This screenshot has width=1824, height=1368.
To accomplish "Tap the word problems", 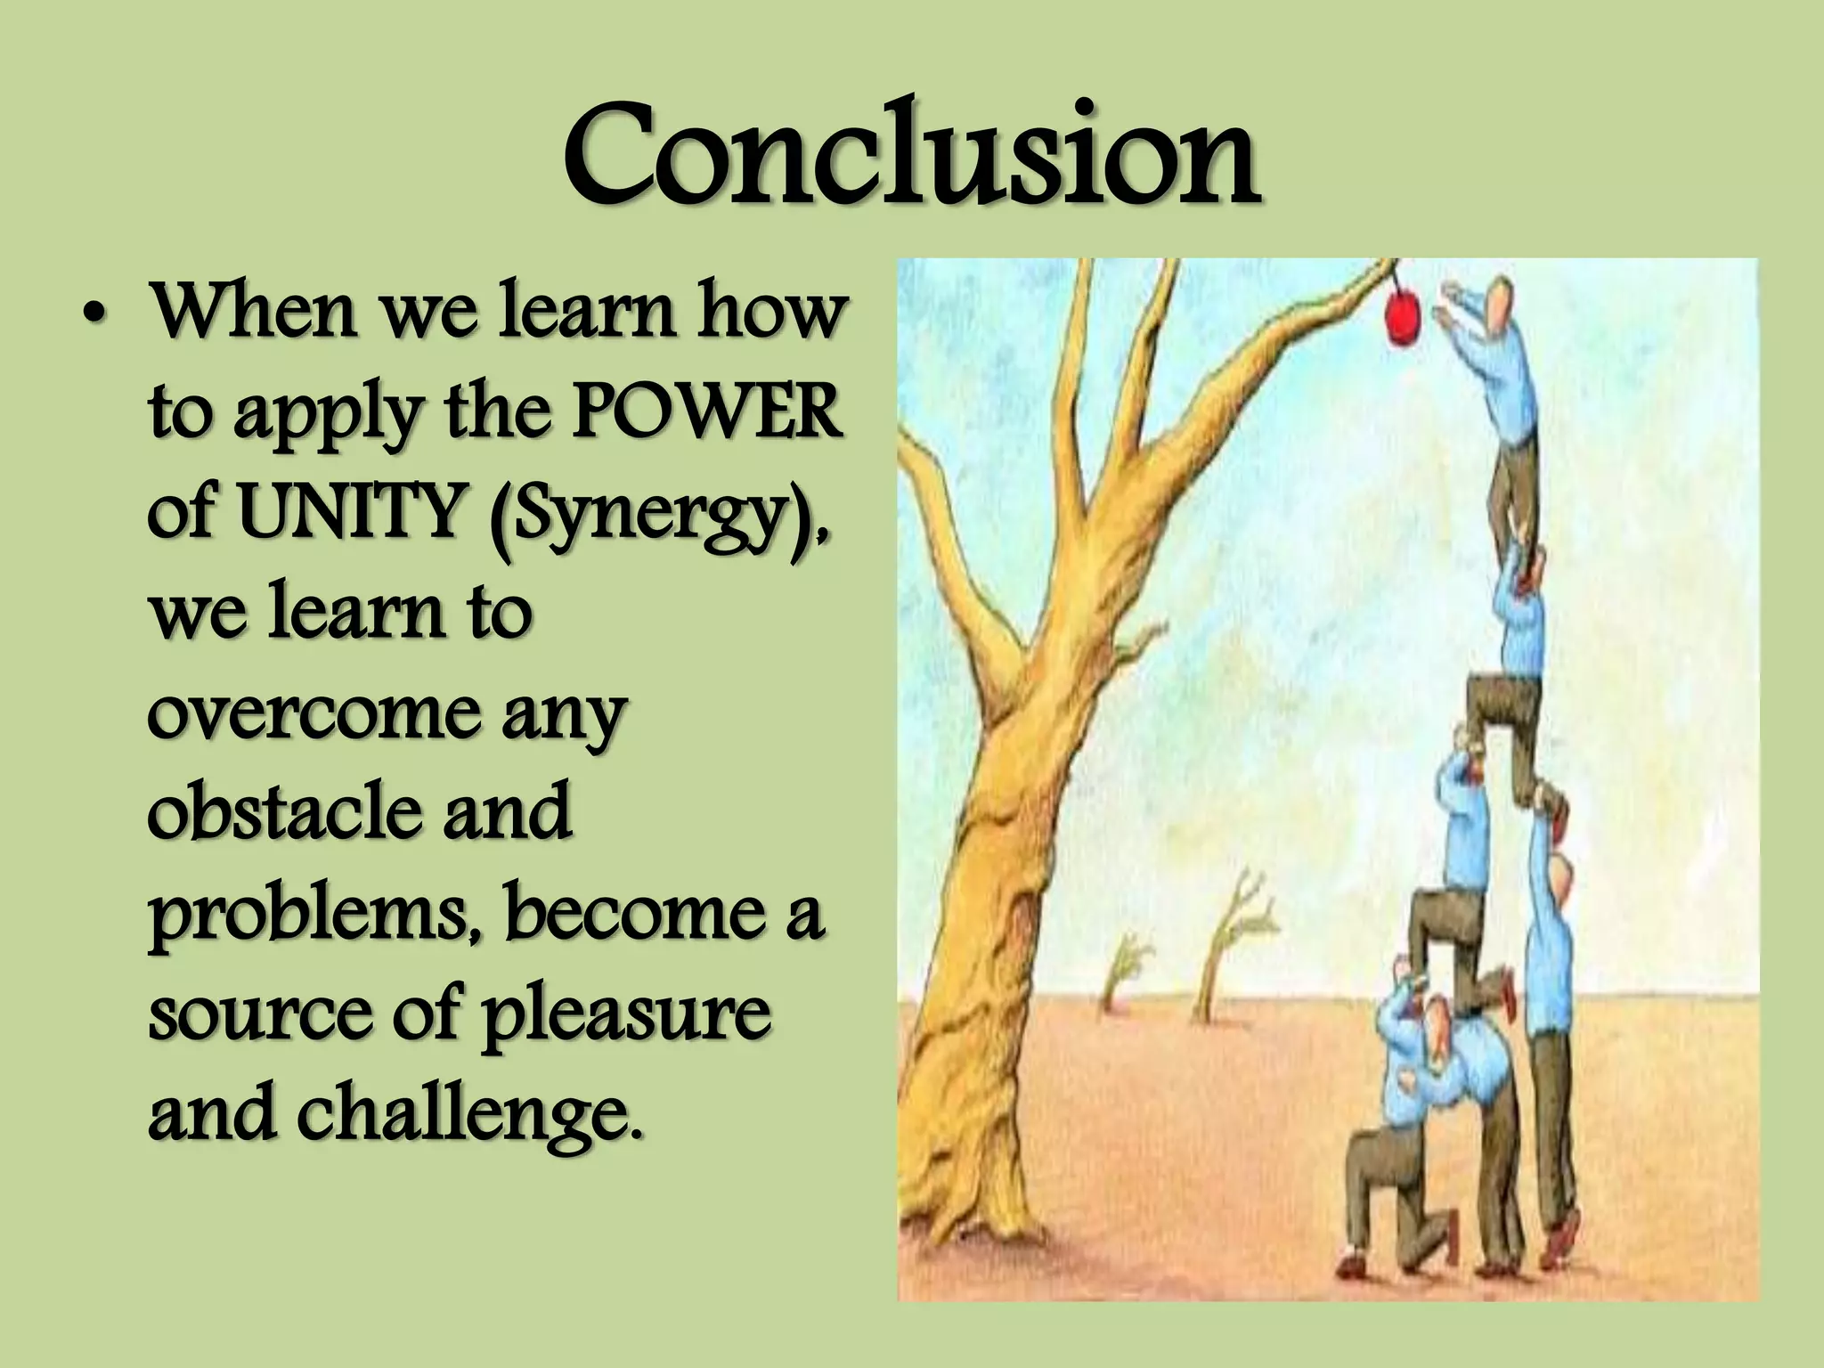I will tap(315, 916).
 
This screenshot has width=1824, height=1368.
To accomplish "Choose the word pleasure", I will tap(626, 1014).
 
